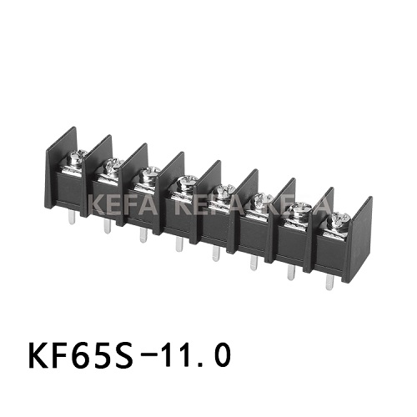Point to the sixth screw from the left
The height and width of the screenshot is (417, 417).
[x=261, y=199]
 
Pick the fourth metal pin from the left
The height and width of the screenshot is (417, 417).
[x=178, y=244]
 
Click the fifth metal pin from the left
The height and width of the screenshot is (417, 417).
[x=215, y=254]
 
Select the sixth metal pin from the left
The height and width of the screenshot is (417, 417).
[x=253, y=264]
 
